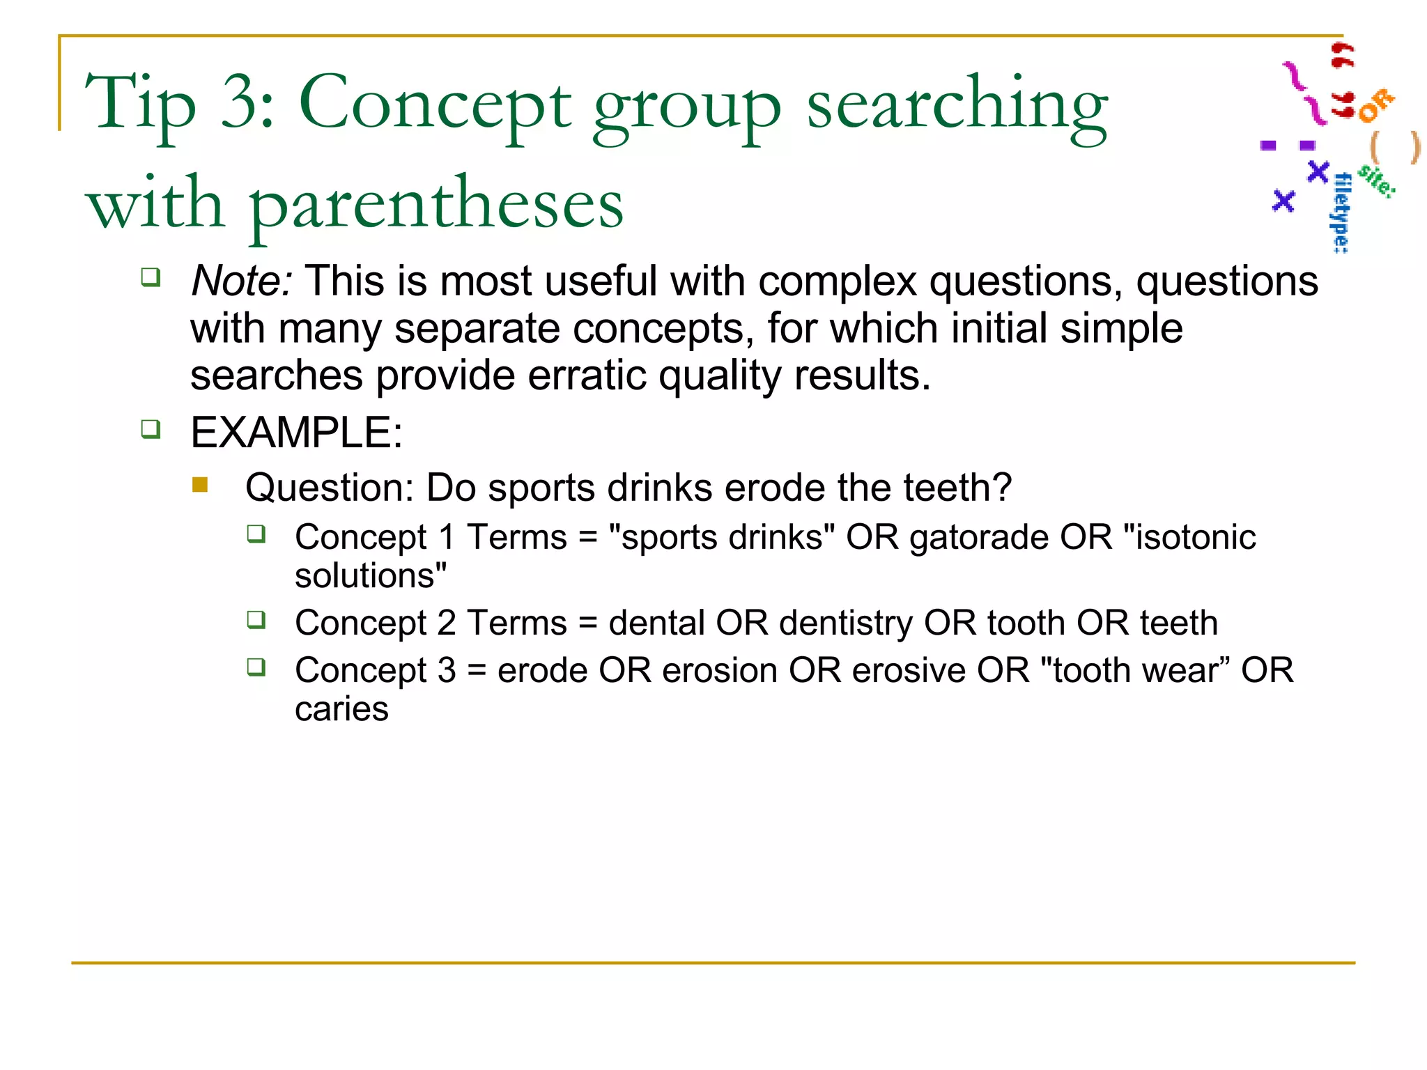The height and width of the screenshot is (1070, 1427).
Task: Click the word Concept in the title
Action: click(435, 104)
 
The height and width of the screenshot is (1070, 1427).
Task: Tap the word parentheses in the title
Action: click(436, 206)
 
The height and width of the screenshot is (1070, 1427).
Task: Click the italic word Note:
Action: click(241, 281)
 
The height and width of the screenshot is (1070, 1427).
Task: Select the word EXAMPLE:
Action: click(296, 433)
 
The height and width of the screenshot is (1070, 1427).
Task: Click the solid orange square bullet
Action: click(200, 485)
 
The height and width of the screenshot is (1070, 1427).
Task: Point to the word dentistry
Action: click(846, 623)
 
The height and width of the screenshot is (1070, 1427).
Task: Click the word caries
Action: click(341, 709)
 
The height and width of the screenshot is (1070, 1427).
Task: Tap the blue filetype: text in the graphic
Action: click(1341, 213)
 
